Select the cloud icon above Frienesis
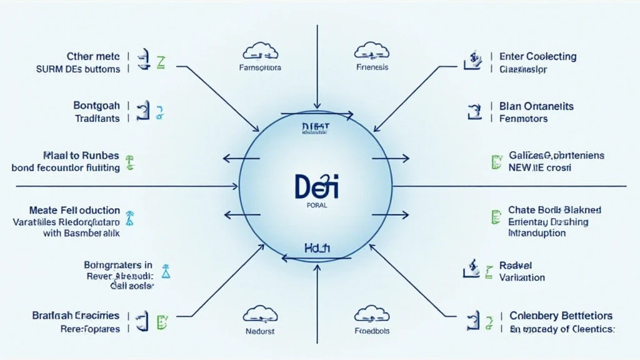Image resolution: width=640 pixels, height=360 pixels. pyautogui.click(x=372, y=51)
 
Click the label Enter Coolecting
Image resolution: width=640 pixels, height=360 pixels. pyautogui.click(x=537, y=56)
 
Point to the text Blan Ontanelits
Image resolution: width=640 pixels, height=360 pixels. pyautogui.click(x=536, y=106)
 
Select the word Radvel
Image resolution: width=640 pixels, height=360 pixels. pyautogui.click(x=516, y=266)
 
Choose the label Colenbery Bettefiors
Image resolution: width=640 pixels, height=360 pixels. pyautogui.click(x=561, y=316)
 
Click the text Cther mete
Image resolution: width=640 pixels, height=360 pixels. pyautogui.click(x=93, y=56)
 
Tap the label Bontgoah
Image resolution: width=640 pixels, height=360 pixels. pyautogui.click(x=97, y=106)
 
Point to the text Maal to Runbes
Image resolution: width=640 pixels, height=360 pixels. pyautogui.click(x=81, y=155)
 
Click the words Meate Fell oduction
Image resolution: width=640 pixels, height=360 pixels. pyautogui.click(x=74, y=210)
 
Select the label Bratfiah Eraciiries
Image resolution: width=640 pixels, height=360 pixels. pyautogui.click(x=76, y=316)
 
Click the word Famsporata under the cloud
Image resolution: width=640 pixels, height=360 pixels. pyautogui.click(x=260, y=67)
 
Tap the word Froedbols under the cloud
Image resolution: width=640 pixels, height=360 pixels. pyautogui.click(x=372, y=331)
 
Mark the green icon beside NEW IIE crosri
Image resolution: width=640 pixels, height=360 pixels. pyautogui.click(x=496, y=162)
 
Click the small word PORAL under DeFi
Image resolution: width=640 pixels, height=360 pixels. pyautogui.click(x=317, y=204)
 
